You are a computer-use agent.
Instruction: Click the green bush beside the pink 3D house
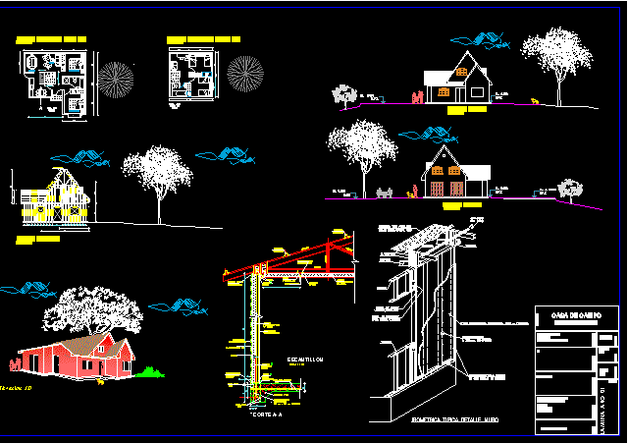click(x=150, y=371)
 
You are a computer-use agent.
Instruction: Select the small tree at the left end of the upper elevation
click(x=343, y=94)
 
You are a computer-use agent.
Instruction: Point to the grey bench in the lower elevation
click(x=385, y=193)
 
